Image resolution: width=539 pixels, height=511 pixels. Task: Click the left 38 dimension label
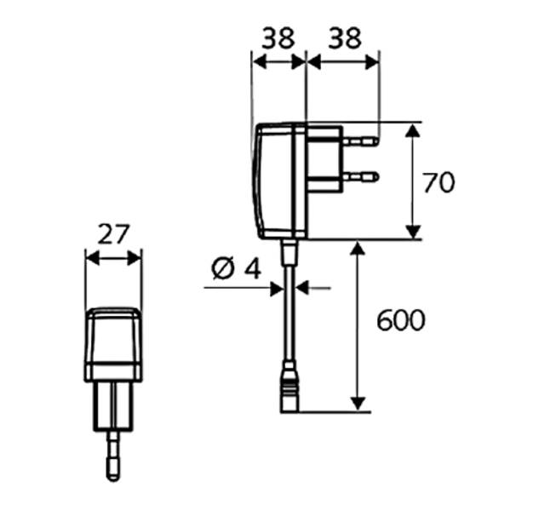(x=278, y=37)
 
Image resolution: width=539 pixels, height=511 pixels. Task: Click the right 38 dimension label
(x=343, y=37)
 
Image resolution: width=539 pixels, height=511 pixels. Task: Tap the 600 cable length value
(x=400, y=321)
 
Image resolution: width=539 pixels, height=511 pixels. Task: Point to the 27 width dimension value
(x=113, y=235)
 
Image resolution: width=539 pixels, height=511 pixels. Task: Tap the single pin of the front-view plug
(x=113, y=455)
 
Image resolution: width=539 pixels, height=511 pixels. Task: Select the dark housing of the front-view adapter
(x=113, y=345)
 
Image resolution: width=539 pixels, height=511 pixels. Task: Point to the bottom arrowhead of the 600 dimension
(x=358, y=404)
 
